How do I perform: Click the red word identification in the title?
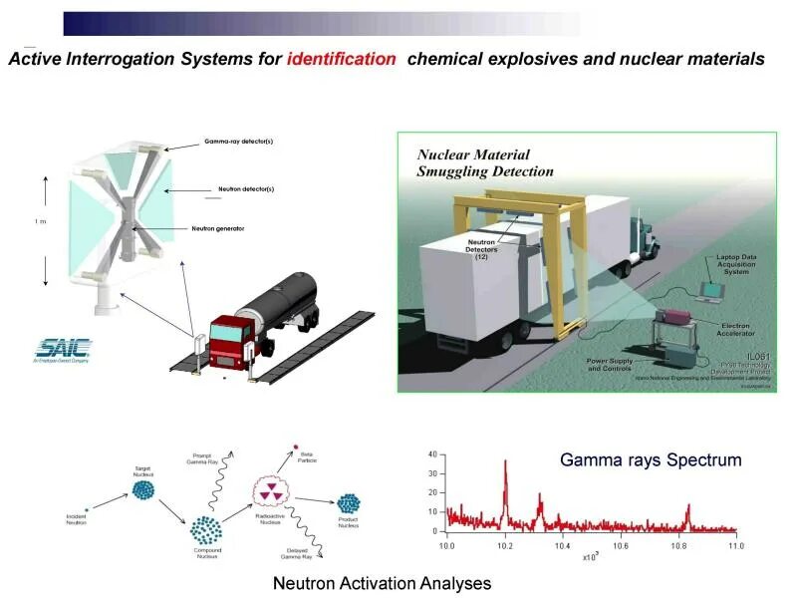tap(341, 59)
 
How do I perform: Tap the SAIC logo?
tap(64, 349)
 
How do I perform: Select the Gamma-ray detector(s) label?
tap(238, 142)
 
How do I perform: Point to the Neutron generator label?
tap(218, 228)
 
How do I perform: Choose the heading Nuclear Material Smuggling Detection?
tap(485, 163)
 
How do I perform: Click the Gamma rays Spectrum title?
tap(651, 460)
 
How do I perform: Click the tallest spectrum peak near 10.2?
tap(505, 462)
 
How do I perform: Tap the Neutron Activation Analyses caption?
tap(382, 583)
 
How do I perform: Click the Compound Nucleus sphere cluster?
tap(206, 529)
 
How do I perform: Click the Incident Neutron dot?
tap(88, 509)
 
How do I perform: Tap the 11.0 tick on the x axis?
tap(735, 546)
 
